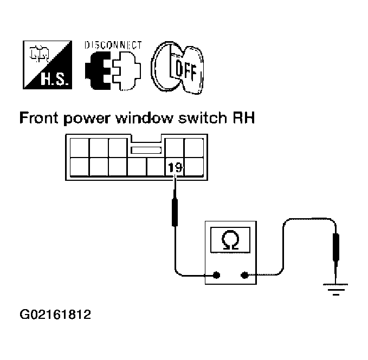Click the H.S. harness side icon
pos(47,65)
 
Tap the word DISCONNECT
pos(113,45)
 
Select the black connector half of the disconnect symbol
pos(98,70)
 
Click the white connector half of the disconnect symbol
pos(127,70)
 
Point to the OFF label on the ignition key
pos(186,70)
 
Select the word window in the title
pos(145,117)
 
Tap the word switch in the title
pos(203,117)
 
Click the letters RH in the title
pos(244,117)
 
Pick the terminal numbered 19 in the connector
pos(175,167)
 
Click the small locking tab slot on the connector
pos(146,150)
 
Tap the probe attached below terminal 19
pos(175,206)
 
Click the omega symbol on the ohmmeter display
pos(230,240)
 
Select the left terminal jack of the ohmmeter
pos(216,275)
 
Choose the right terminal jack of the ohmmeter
pos(244,275)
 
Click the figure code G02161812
pos(55,315)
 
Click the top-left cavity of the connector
pos(80,148)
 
